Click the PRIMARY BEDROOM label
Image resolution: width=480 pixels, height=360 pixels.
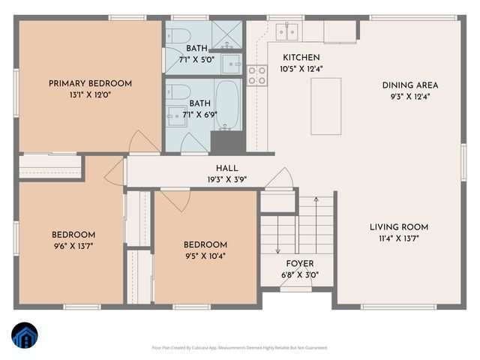point(90,83)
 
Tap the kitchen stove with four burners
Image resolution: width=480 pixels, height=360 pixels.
point(256,74)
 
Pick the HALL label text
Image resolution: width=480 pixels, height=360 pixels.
point(227,169)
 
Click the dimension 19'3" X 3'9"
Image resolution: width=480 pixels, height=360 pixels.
point(227,180)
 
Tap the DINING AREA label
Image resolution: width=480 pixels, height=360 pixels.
point(409,85)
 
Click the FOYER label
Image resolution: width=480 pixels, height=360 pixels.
point(300,264)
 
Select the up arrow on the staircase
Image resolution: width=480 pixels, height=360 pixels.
point(316,201)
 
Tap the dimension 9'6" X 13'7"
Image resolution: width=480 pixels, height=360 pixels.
point(73,244)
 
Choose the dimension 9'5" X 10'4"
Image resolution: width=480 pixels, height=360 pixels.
point(205,256)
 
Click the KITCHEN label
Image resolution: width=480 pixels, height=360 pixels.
point(301,58)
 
